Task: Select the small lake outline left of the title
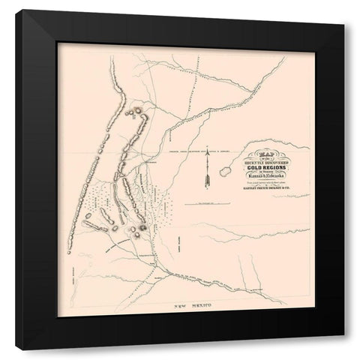[225, 172]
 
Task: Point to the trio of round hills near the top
[137, 113]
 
